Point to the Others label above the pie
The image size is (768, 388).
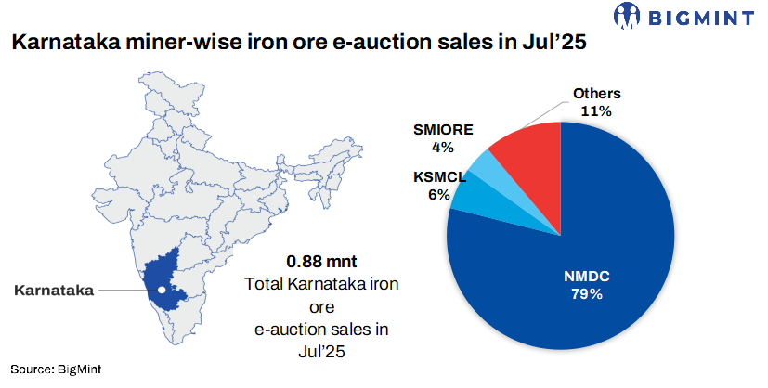pyautogui.click(x=596, y=94)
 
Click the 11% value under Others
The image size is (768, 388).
pyautogui.click(x=596, y=110)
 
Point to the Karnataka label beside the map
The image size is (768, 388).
pyautogui.click(x=54, y=291)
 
